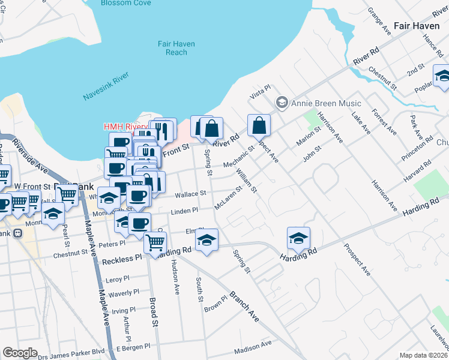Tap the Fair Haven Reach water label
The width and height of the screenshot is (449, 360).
coord(173,48)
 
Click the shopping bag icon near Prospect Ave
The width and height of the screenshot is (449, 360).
coord(259,126)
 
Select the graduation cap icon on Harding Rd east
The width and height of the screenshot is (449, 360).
coord(298,238)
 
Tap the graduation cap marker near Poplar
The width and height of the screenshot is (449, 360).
coord(442,76)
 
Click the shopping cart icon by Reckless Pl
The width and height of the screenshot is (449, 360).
coord(155,242)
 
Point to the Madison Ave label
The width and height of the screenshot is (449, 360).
coord(253,347)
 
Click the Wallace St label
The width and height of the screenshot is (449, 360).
coord(191,194)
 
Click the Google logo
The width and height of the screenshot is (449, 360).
coord(20,353)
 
